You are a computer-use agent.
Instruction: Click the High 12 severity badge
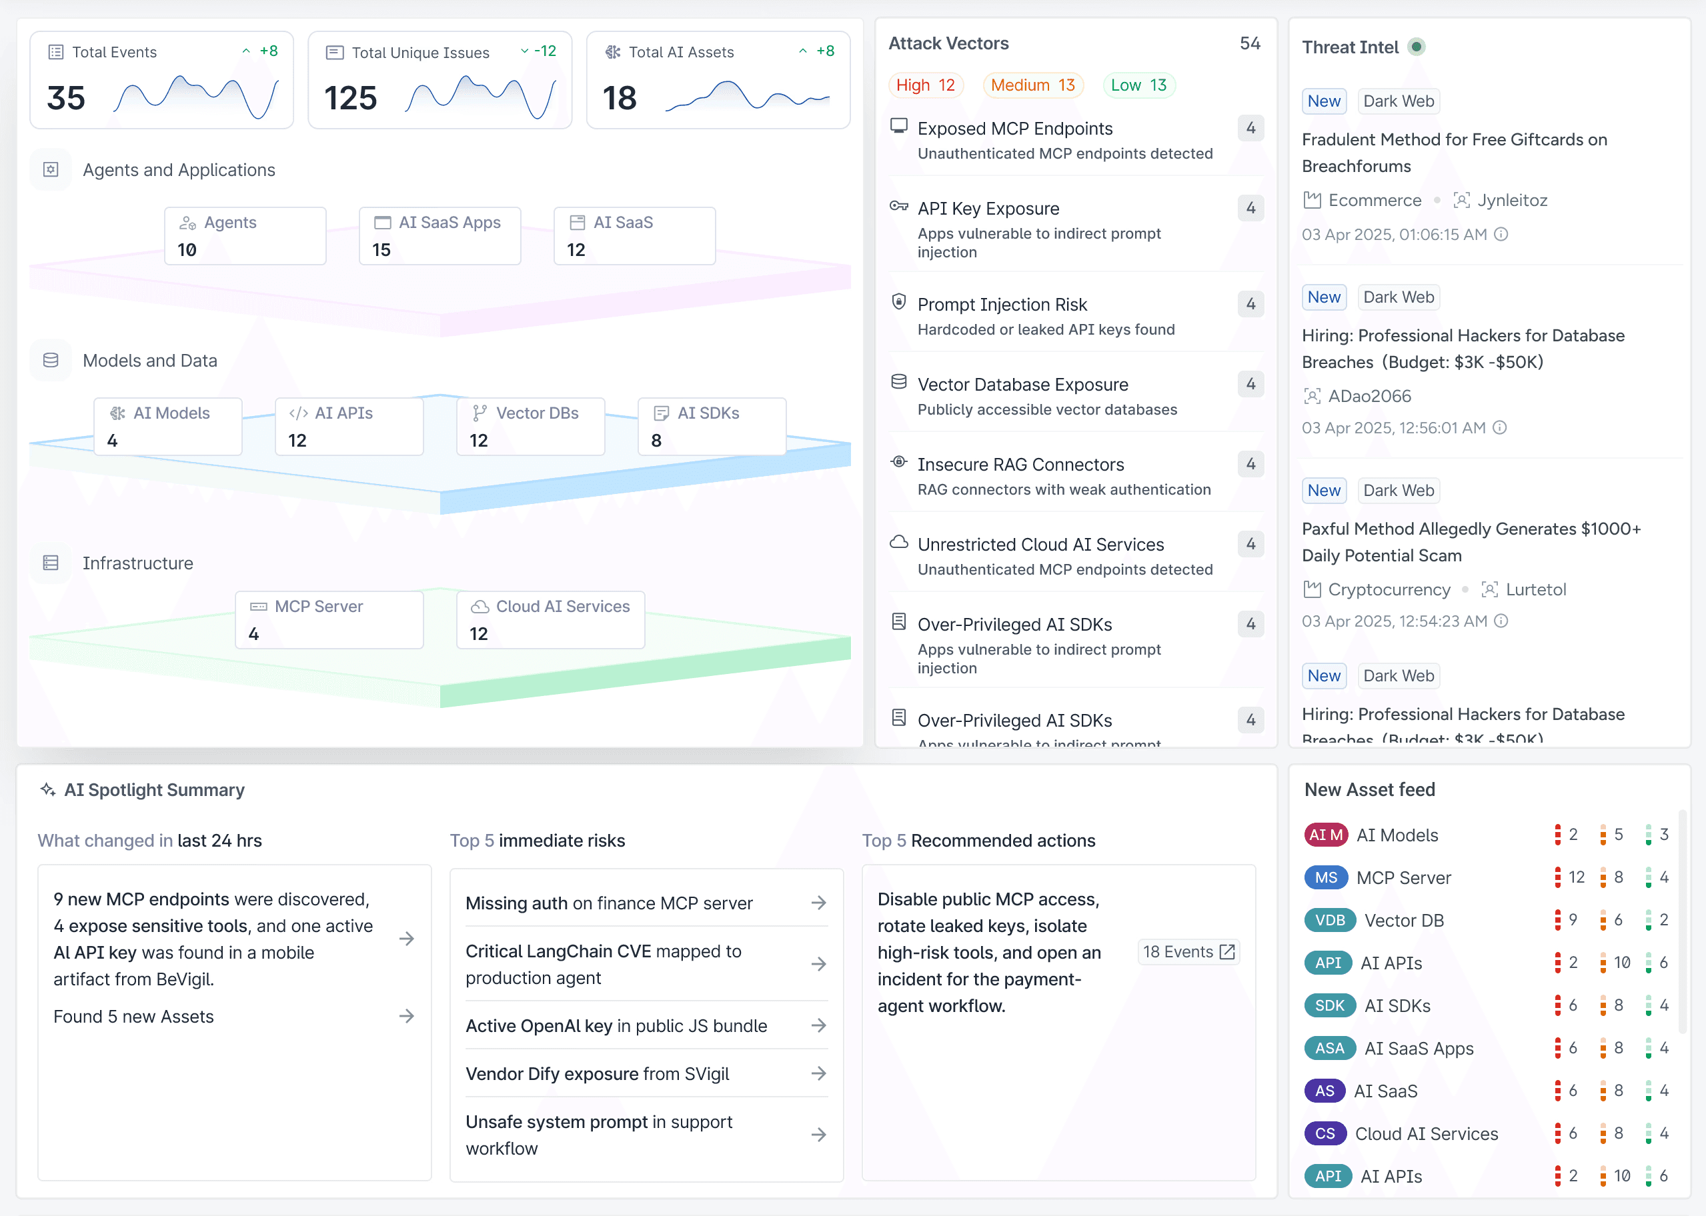tap(925, 85)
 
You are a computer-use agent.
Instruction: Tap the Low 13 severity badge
tap(1138, 85)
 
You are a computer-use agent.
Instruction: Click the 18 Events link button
tap(1188, 952)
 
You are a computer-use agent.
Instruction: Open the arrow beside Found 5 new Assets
tap(407, 1016)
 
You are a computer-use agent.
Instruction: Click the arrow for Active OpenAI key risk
tap(818, 1025)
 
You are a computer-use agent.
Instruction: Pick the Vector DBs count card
tap(530, 426)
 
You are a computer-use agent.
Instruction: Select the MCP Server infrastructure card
tap(329, 620)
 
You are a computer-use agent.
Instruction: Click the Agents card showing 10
tap(245, 236)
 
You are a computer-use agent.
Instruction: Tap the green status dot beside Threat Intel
tap(1416, 47)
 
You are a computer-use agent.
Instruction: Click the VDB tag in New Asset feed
tap(1330, 920)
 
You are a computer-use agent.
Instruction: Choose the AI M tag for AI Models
tap(1326, 835)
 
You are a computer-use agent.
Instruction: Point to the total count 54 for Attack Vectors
tap(1250, 43)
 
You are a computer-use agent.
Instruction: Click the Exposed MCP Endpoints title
tap(1015, 129)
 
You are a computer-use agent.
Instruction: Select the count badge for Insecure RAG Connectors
tap(1250, 464)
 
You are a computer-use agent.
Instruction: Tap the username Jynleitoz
tap(1512, 201)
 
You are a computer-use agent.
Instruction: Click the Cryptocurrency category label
tap(1389, 590)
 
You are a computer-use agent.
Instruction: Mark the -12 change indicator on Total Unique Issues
tap(545, 51)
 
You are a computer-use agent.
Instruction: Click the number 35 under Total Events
tap(66, 98)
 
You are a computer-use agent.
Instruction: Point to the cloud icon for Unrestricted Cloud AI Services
tap(898, 542)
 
